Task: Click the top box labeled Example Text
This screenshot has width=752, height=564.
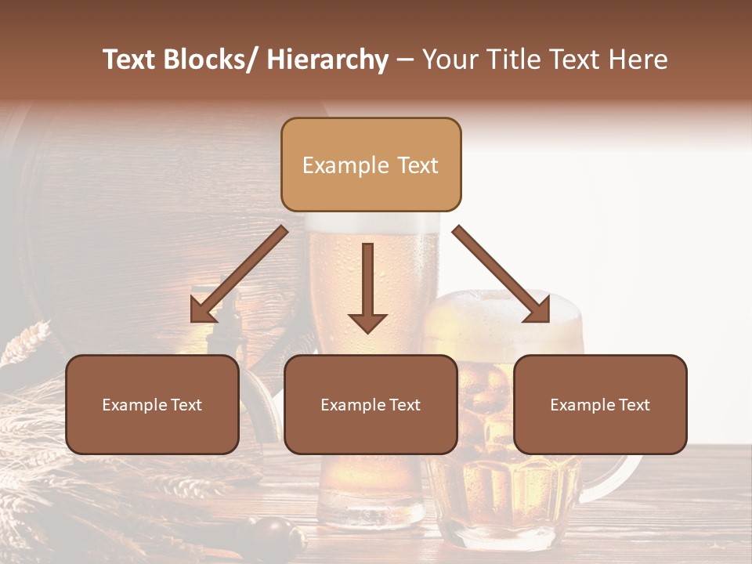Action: click(x=371, y=164)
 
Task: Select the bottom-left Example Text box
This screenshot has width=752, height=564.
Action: click(x=152, y=404)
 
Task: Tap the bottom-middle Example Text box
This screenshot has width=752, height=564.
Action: click(x=371, y=404)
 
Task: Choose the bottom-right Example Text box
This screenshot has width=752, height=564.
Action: click(x=600, y=404)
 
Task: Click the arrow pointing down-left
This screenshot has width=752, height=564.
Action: click(x=238, y=274)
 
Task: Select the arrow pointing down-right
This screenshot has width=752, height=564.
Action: click(x=501, y=274)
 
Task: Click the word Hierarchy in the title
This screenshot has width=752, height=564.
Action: click(x=327, y=60)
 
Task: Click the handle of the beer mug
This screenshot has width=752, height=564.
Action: click(x=627, y=470)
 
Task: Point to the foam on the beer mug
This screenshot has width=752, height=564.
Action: click(x=501, y=309)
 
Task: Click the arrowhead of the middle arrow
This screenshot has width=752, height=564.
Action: click(x=367, y=321)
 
